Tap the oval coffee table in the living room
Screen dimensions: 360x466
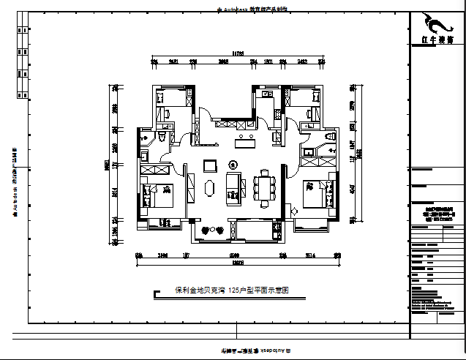pyautogui.click(x=211, y=188)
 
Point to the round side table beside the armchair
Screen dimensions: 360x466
pyautogui.click(x=233, y=163)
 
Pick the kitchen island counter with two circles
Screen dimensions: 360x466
pyautogui.click(x=244, y=137)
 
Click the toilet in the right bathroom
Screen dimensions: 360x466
pyautogui.click(x=326, y=137)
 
